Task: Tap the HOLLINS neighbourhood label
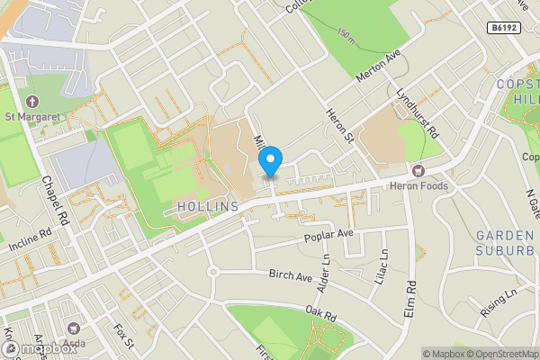[x=209, y=206]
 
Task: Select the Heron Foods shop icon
[x=417, y=170]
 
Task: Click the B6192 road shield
[x=504, y=28]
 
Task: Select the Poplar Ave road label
[x=330, y=234]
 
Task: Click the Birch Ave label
[x=288, y=273]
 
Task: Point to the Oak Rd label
[x=319, y=314]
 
